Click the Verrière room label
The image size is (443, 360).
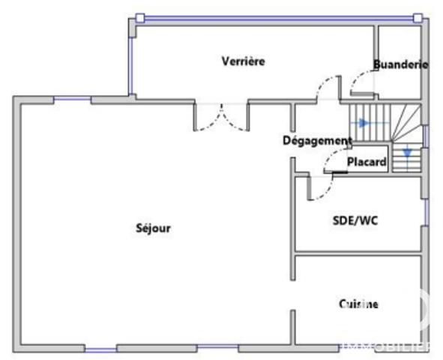pyautogui.click(x=244, y=61)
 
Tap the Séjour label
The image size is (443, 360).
pyautogui.click(x=153, y=228)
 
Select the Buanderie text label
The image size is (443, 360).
pyautogui.click(x=400, y=64)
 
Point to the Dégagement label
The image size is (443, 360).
pyautogui.click(x=317, y=140)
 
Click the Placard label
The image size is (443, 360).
pyautogui.click(x=367, y=162)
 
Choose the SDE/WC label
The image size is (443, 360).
pyautogui.click(x=355, y=220)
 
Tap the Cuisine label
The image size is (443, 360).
pyautogui.click(x=358, y=304)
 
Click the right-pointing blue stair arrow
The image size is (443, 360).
pyautogui.click(x=363, y=123)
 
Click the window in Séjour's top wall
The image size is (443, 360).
pyautogui.click(x=72, y=98)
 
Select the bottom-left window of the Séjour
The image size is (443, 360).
pyautogui.click(x=100, y=349)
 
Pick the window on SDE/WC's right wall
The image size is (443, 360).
pyautogui.click(x=426, y=212)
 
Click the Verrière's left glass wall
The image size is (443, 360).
pyautogui.click(x=130, y=65)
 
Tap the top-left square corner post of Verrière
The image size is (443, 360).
pyautogui.click(x=140, y=18)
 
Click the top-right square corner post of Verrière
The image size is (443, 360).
pyautogui.click(x=418, y=18)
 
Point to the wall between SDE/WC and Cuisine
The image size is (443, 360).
pyautogui.click(x=358, y=253)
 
